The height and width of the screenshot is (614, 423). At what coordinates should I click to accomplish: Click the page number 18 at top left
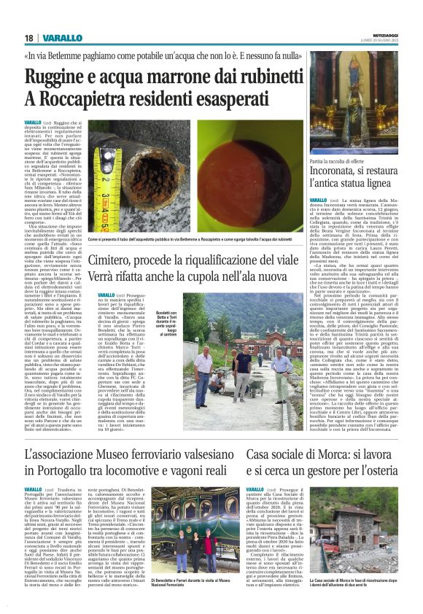28,38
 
